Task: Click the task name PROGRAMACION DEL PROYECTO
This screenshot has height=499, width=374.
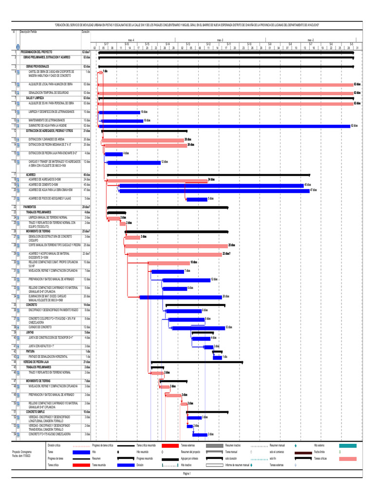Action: click(x=40, y=51)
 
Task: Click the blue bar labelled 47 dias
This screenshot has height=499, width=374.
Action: click(x=214, y=191)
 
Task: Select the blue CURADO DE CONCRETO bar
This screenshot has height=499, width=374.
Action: click(x=198, y=328)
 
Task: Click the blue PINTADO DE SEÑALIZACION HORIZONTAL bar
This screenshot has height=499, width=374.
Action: click(x=217, y=357)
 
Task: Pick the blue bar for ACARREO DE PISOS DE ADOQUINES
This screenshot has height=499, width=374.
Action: click(x=197, y=199)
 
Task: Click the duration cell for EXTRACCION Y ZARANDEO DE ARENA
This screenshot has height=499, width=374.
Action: click(x=87, y=139)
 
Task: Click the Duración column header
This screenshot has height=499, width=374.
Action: click(x=85, y=31)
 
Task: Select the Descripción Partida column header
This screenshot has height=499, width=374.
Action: click(x=28, y=31)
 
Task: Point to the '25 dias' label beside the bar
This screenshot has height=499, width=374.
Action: click(x=232, y=245)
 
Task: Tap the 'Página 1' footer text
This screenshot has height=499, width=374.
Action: click(x=187, y=473)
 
